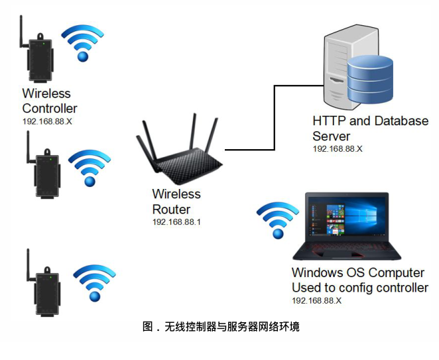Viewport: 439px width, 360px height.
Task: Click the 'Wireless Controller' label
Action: coord(49,101)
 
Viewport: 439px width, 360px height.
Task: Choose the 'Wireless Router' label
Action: coord(176,202)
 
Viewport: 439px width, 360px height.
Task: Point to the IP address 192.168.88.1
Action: coord(176,221)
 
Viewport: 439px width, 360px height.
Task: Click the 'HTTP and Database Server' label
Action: coord(370,128)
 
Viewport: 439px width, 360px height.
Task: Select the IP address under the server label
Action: coord(337,149)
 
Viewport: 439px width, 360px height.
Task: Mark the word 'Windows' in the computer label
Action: coord(316,272)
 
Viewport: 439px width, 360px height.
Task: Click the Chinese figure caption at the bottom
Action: coord(221,327)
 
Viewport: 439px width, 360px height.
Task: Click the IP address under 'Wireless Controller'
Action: coord(47,122)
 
